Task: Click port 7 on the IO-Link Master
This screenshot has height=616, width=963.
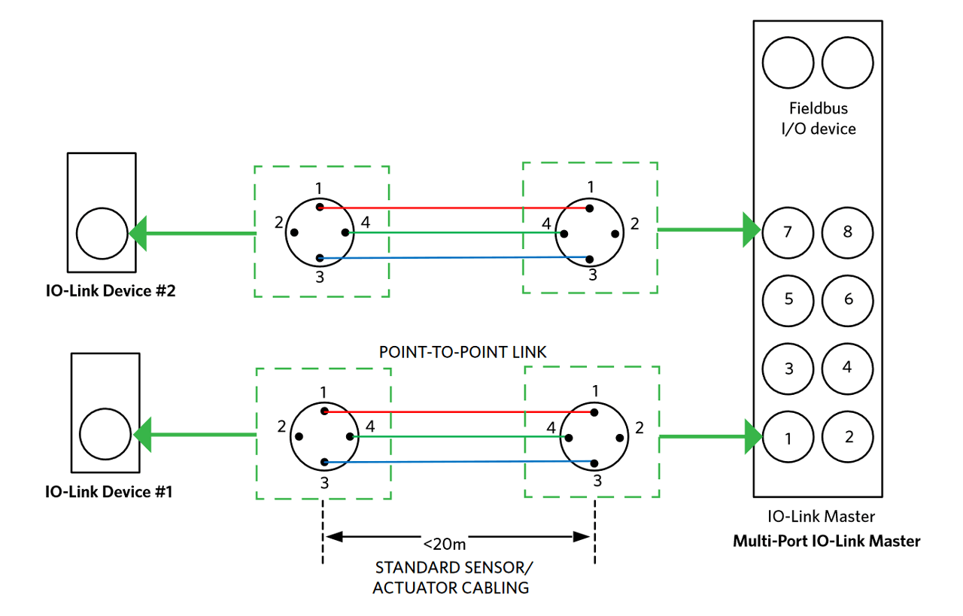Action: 788,231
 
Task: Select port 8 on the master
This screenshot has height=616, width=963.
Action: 848,231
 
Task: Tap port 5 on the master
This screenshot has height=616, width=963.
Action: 788,299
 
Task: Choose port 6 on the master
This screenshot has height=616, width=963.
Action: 848,299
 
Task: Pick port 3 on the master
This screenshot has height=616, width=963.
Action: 788,369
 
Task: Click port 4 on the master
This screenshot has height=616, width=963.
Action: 848,368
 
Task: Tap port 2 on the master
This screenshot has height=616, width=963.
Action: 848,437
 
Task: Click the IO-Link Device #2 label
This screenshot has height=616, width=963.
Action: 111,291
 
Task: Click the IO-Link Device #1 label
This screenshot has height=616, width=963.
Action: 110,492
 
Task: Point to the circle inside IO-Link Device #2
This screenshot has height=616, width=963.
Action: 102,233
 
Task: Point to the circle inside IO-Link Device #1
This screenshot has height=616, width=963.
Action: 105,434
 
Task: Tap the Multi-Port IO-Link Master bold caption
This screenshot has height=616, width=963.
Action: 826,541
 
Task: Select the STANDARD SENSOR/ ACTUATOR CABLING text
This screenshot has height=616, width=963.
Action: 451,577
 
